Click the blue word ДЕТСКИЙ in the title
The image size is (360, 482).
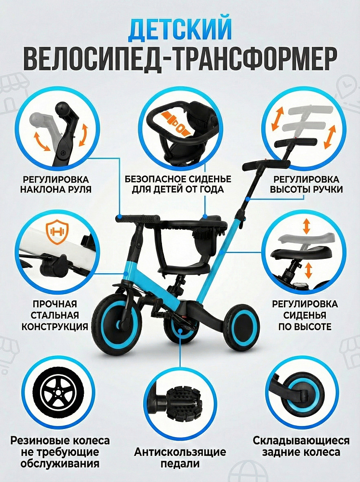180,29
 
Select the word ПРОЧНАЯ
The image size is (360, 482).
55,304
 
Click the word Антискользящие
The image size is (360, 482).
180,452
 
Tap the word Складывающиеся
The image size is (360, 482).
301,441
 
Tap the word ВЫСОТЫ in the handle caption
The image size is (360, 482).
288,189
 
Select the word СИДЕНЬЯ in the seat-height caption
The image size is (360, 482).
305,315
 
